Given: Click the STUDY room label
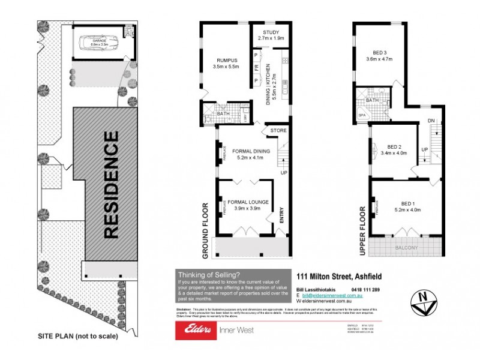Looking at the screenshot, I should point(265,33).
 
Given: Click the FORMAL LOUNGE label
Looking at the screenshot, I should point(247,202).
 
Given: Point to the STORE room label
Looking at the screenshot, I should point(278,130).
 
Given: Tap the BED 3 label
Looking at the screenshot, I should point(379,52).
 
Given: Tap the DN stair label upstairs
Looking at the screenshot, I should point(431,120).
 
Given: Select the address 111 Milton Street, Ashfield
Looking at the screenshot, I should point(340,277).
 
